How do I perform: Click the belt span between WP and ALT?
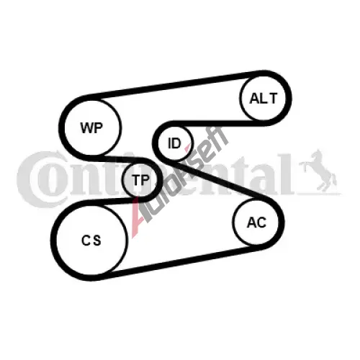pyautogui.click(x=174, y=85)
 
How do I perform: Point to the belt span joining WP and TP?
pyautogui.click(x=120, y=158)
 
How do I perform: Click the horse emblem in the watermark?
pyautogui.click(x=319, y=171)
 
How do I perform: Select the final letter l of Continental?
pyautogui.click(x=287, y=174)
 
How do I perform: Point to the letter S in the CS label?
pyautogui.click(x=97, y=240)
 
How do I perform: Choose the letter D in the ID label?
pyautogui.click(x=176, y=143)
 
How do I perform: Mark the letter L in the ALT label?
pyautogui.click(x=264, y=99)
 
